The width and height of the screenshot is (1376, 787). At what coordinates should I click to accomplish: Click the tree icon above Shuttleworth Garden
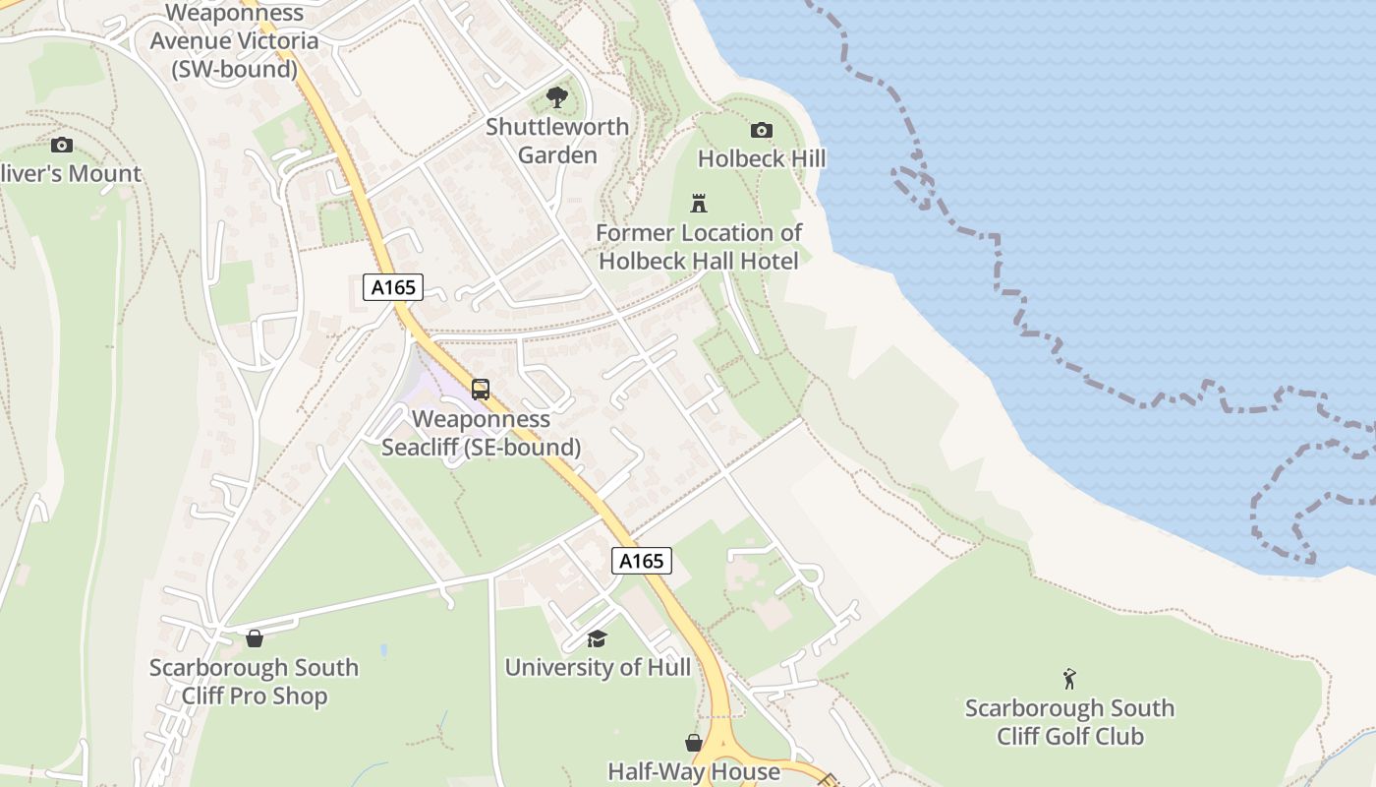557,97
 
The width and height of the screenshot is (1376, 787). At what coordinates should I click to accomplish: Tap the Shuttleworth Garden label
557,141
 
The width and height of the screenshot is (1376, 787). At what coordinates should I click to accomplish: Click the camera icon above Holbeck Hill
762,130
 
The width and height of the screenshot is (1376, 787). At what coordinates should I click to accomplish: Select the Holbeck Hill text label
762,158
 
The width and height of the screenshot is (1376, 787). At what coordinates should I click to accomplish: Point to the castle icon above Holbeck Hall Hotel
699,204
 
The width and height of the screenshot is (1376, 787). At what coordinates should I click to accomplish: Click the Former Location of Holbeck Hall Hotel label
699,247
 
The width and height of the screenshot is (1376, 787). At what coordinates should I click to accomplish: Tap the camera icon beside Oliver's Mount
62,145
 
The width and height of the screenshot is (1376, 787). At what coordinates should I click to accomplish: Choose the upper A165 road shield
393,287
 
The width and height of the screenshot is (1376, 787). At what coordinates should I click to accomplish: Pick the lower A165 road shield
641,561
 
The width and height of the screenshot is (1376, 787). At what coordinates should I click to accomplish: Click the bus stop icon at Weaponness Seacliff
481,389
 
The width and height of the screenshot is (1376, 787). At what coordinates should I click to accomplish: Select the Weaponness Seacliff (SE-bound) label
481,433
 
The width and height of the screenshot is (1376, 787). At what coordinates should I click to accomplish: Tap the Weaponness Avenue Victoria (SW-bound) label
234,41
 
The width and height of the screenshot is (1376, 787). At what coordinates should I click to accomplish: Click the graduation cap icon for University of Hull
597,638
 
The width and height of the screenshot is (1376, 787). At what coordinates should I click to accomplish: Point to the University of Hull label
598,667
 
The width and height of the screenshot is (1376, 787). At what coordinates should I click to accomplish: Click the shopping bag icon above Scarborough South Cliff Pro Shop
255,638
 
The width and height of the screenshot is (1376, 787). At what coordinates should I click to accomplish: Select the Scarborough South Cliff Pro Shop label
254,682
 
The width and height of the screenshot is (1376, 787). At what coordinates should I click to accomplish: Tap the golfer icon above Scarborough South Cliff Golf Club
1069,678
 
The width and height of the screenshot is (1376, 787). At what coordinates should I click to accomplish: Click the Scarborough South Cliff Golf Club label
1069,722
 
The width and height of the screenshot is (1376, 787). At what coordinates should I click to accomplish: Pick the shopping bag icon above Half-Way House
694,742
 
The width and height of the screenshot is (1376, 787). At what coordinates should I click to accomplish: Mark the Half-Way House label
694,771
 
